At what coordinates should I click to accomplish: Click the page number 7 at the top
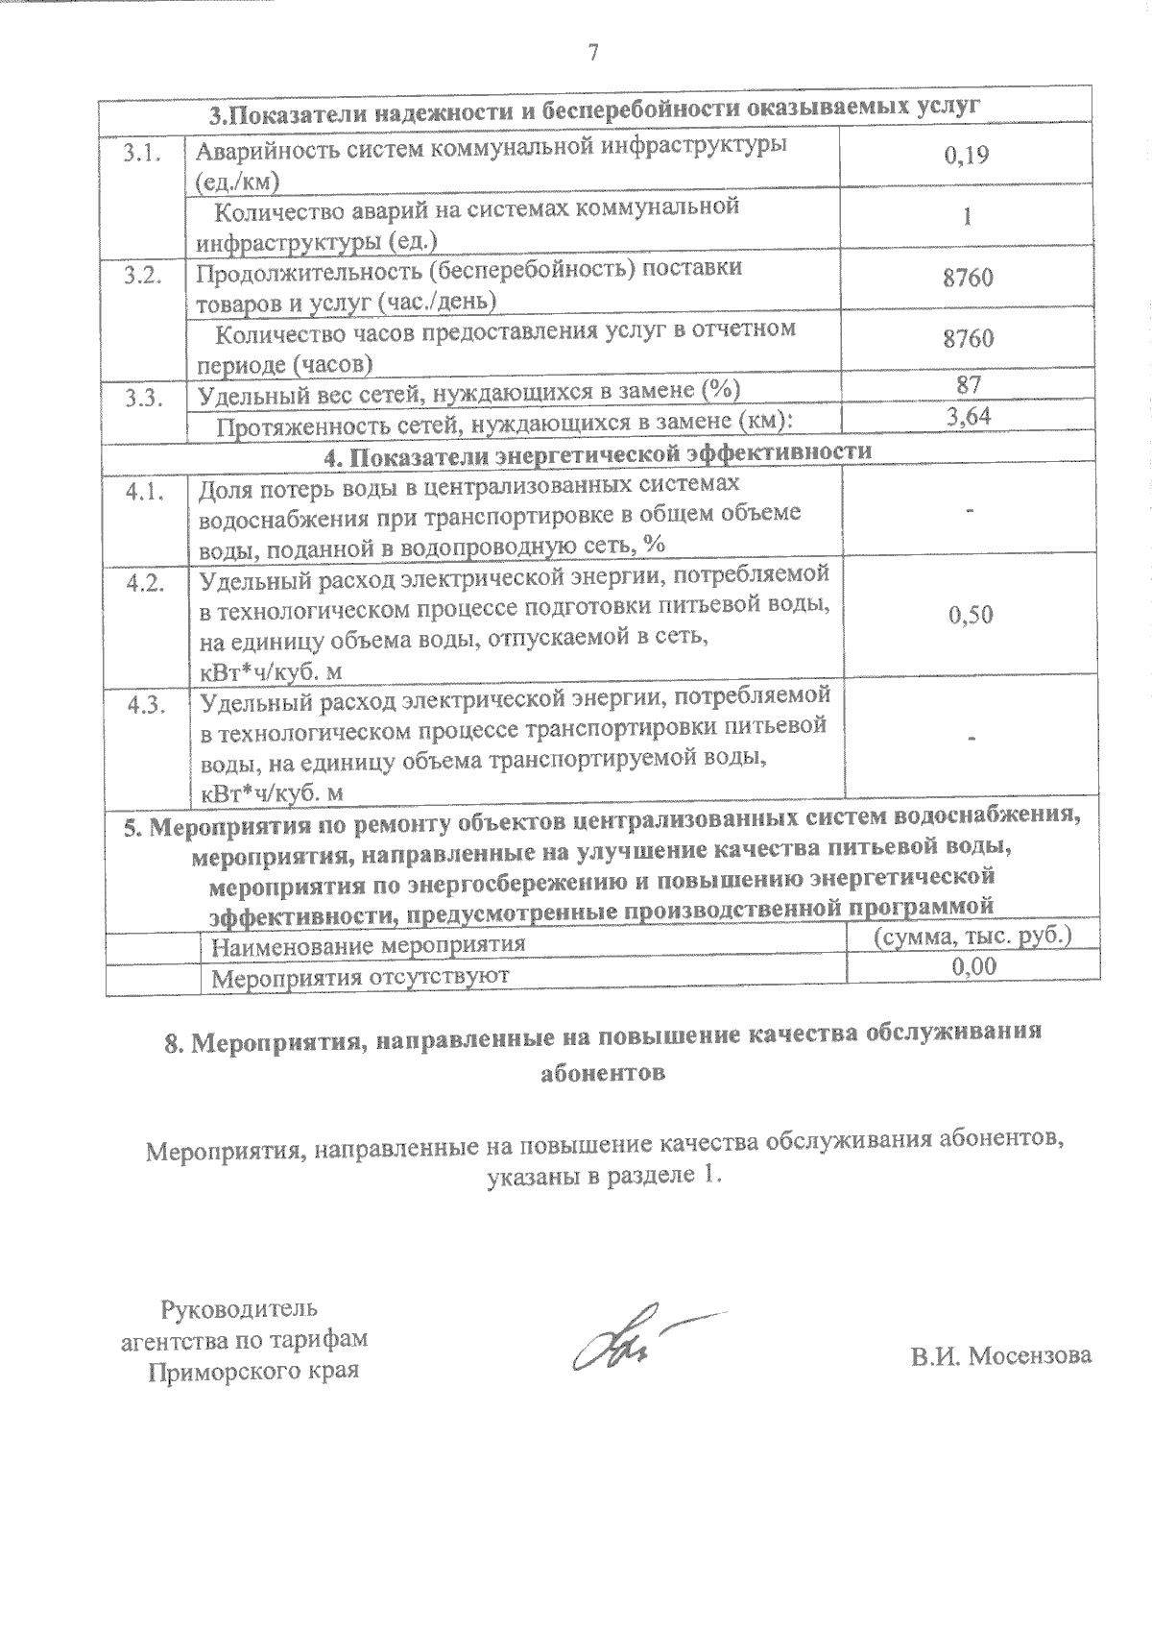592,54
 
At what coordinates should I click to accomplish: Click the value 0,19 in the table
967,156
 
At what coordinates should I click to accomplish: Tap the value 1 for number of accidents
968,217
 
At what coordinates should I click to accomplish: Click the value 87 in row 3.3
968,385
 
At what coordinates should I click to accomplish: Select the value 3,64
968,416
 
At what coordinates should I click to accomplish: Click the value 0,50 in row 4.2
970,615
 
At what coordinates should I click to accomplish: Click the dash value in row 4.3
972,738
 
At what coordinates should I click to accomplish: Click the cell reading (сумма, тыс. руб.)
972,936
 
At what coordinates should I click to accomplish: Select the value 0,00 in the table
972,966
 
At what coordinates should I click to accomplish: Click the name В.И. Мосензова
1001,1355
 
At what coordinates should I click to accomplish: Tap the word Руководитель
239,1308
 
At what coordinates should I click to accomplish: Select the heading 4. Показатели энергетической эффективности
597,452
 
